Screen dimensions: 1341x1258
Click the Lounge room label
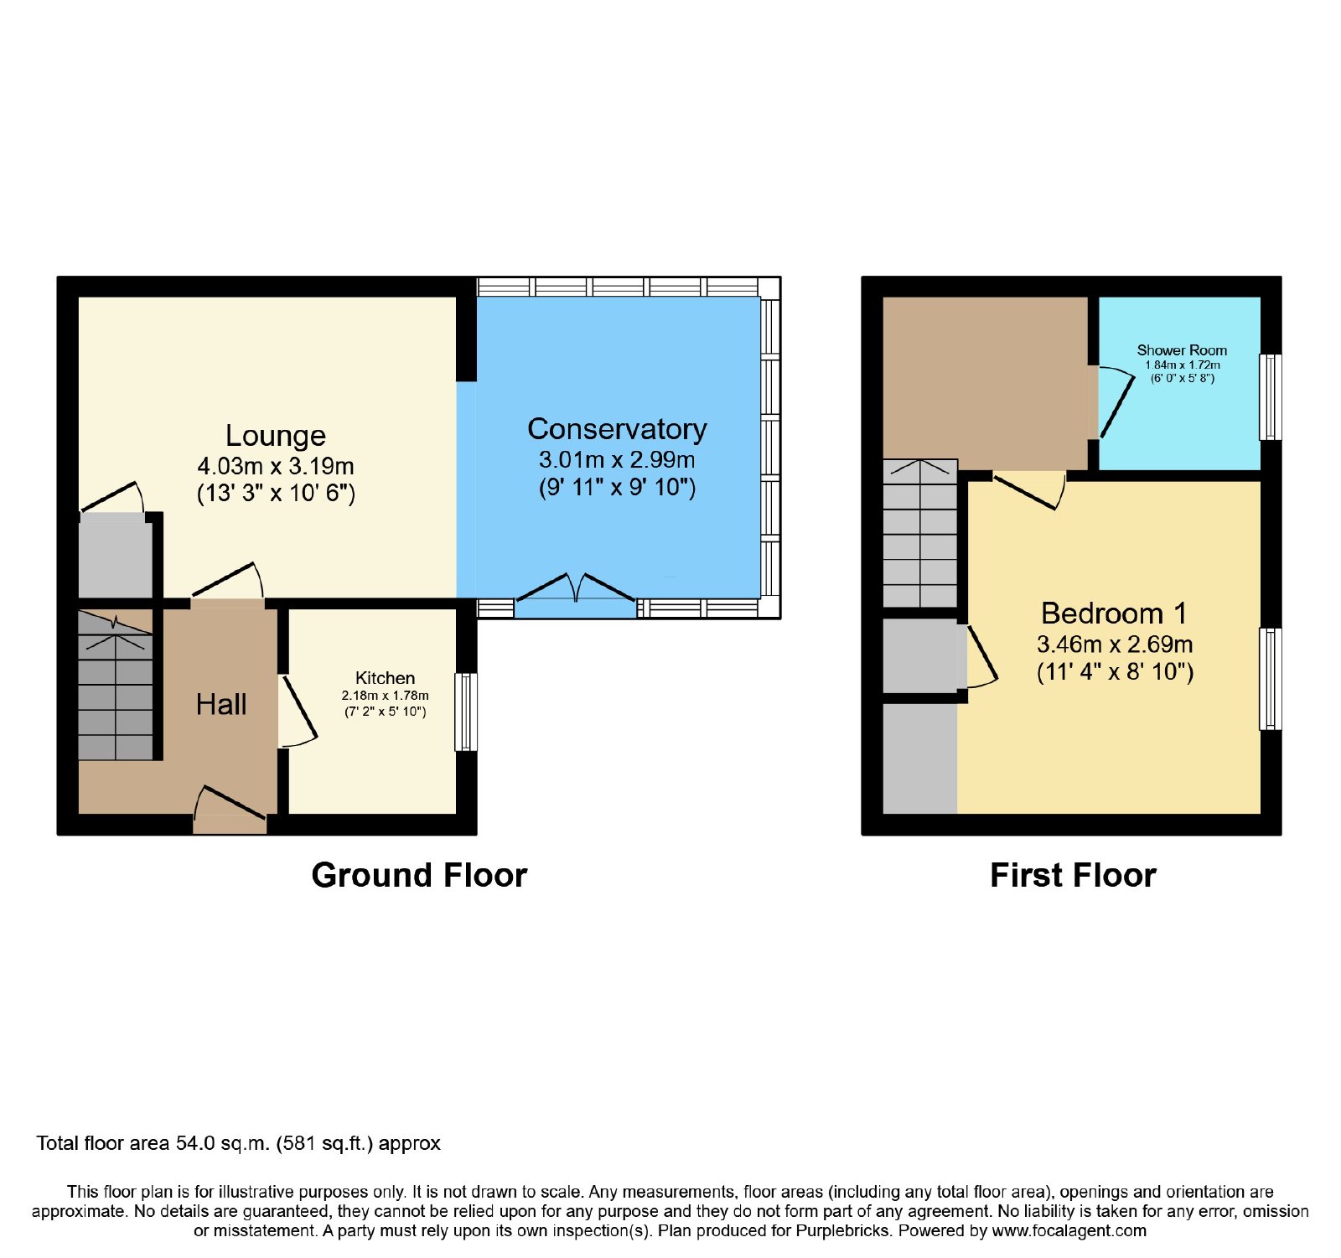click(276, 436)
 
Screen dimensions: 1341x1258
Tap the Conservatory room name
click(617, 429)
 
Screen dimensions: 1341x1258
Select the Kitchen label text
click(385, 678)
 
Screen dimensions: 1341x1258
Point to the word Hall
click(221, 705)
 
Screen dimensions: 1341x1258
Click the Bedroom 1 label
click(1114, 613)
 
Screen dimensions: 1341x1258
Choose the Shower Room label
click(1182, 350)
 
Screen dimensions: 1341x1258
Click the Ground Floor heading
click(419, 875)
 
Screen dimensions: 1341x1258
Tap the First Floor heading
click(1073, 875)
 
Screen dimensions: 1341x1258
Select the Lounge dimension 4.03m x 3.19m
click(276, 466)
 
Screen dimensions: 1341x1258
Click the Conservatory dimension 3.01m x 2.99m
click(617, 459)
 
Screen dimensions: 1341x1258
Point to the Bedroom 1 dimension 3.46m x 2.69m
click(1115, 645)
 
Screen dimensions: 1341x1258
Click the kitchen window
click(466, 712)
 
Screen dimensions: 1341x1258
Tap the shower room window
click(1271, 396)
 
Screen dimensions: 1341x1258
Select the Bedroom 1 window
click(1271, 679)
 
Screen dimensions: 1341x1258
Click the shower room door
click(1111, 401)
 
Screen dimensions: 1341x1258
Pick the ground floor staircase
click(116, 685)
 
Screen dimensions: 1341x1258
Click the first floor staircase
click(920, 533)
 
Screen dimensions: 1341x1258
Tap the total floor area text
click(239, 1143)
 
